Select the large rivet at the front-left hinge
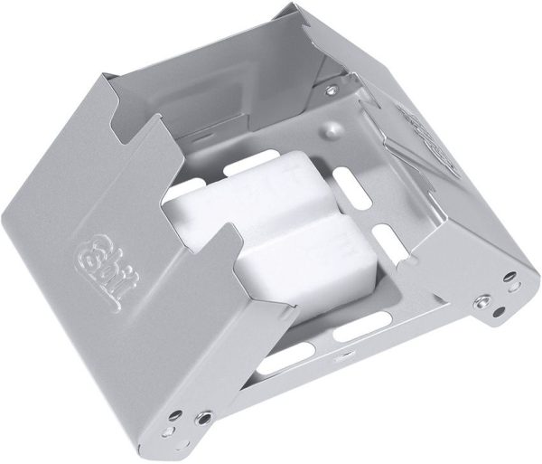205,418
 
